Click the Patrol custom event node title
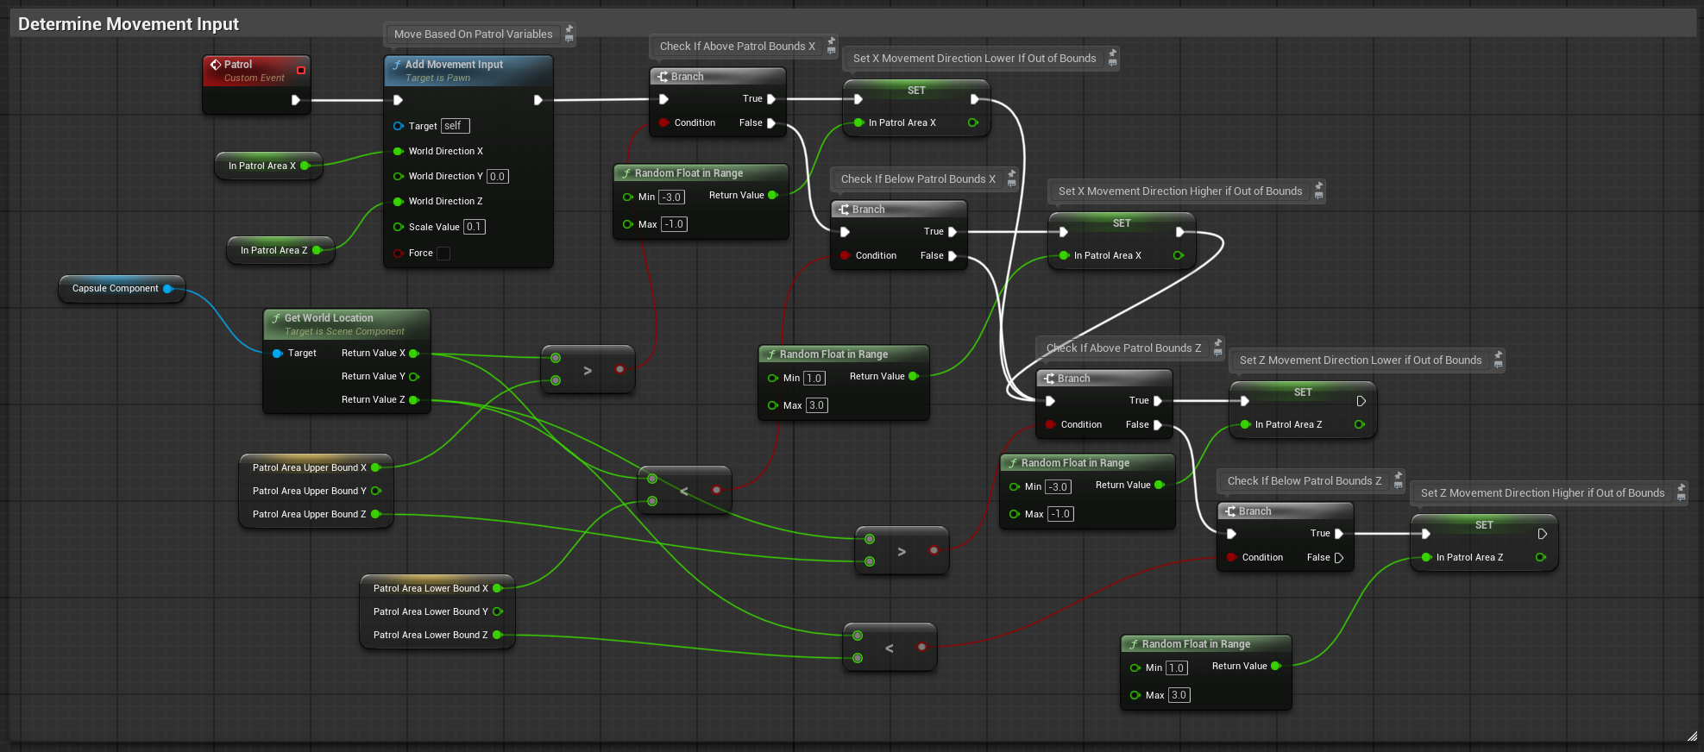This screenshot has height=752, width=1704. tap(238, 65)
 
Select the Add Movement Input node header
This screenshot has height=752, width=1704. tap(468, 71)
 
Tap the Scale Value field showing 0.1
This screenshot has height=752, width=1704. tap(475, 227)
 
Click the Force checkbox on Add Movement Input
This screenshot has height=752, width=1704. tap(443, 254)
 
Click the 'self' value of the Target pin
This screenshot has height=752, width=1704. tap(455, 126)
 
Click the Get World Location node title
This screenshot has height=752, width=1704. tap(329, 318)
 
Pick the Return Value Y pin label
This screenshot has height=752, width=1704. tap(373, 377)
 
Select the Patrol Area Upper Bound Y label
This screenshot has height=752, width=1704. tap(309, 492)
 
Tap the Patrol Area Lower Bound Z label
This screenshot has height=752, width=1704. tap(431, 636)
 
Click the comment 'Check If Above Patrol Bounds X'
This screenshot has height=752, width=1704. tap(738, 47)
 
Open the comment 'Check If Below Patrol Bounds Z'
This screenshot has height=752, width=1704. tap(1305, 481)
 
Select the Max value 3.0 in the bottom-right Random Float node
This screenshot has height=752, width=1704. tap(1179, 695)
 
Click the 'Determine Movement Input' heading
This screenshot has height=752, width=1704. tap(129, 24)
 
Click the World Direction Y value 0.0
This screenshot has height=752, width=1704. tap(497, 177)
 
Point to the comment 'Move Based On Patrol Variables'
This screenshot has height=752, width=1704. tap(474, 34)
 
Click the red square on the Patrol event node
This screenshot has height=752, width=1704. tap(301, 71)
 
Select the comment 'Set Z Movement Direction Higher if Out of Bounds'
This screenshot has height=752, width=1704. tap(1543, 493)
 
